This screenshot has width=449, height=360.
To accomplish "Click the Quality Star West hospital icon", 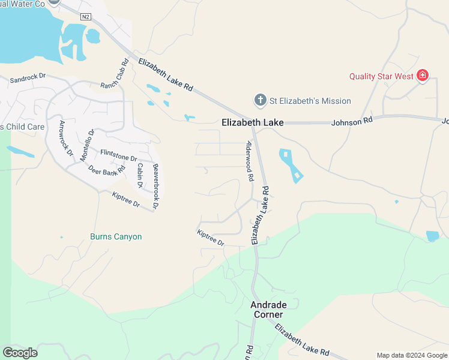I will pyautogui.click(x=423, y=76).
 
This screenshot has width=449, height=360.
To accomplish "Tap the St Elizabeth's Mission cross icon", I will pyautogui.click(x=260, y=100).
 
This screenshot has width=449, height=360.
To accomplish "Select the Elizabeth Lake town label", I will pyautogui.click(x=252, y=122).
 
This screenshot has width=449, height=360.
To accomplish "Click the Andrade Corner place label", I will pyautogui.click(x=266, y=310).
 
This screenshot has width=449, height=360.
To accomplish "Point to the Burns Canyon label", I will pyautogui.click(x=116, y=236).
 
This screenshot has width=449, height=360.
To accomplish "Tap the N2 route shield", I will pyautogui.click(x=86, y=16).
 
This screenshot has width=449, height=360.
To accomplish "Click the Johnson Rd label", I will pyautogui.click(x=352, y=121).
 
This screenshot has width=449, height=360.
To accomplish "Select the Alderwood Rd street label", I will pyautogui.click(x=250, y=161).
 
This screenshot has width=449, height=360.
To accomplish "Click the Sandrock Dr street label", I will pyautogui.click(x=28, y=78).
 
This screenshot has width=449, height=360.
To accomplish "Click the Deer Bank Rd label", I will pyautogui.click(x=106, y=170).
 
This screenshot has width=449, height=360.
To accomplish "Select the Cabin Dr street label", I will pyautogui.click(x=140, y=176).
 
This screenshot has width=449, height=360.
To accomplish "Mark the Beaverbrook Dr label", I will pyautogui.click(x=155, y=186).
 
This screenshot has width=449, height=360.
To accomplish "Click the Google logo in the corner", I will pyautogui.click(x=20, y=353).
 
